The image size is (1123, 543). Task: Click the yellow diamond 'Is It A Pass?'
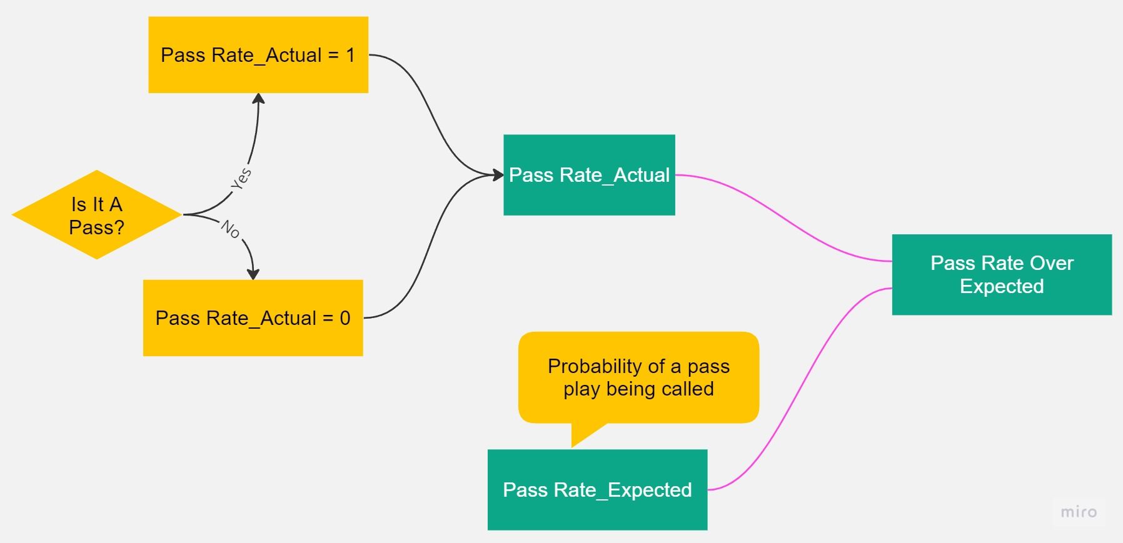click(96, 214)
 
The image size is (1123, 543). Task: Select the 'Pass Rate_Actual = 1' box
click(258, 55)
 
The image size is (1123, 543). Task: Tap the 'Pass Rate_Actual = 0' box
click(253, 318)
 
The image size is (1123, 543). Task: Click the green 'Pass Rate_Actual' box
click(589, 175)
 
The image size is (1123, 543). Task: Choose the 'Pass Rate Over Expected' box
click(1001, 274)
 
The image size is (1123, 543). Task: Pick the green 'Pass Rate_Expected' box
click(597, 490)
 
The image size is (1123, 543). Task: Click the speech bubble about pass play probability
click(638, 377)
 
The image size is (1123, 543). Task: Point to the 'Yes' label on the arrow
click(241, 179)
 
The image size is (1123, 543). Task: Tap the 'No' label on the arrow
click(231, 230)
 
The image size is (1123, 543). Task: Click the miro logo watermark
click(1079, 512)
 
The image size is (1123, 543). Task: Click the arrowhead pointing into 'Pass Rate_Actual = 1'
click(258, 98)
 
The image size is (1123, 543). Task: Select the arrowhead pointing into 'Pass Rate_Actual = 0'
click(253, 274)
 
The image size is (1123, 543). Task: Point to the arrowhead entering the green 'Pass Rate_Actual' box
click(498, 175)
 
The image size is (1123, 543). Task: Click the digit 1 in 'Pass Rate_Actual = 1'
click(351, 55)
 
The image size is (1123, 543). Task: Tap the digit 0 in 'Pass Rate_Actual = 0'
click(345, 318)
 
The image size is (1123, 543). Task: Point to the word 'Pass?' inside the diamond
click(96, 227)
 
